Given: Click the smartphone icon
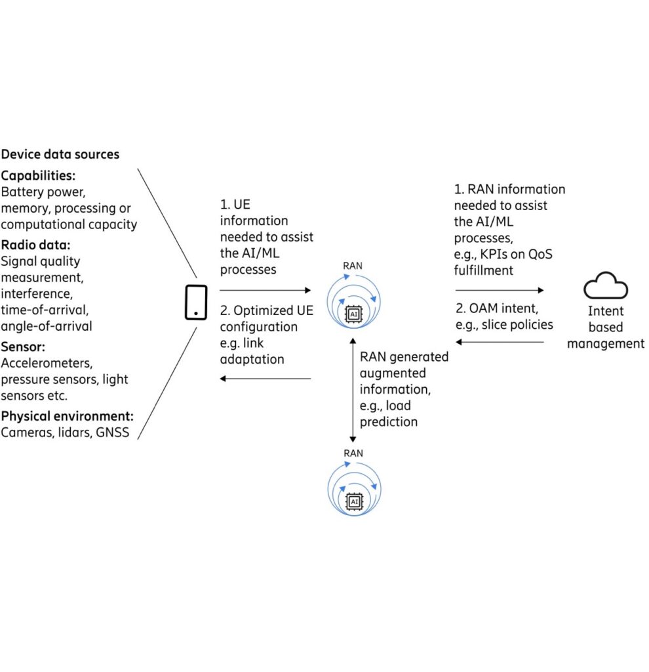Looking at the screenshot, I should [x=196, y=303].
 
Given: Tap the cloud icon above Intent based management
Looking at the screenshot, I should [x=606, y=287].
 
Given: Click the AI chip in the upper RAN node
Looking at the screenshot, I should [x=354, y=314].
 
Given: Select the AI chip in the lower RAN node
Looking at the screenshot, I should [x=354, y=502].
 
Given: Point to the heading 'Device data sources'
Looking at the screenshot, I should [x=60, y=155].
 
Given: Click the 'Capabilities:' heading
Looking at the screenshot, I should [x=39, y=176].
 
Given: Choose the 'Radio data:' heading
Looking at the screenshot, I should [x=36, y=245].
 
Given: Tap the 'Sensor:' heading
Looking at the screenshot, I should [x=24, y=346].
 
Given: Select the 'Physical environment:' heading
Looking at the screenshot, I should [x=68, y=416].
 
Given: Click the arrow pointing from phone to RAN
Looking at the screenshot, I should [x=265, y=289].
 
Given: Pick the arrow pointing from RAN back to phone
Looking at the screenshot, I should [x=265, y=379].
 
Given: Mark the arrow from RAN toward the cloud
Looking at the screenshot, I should [x=499, y=289].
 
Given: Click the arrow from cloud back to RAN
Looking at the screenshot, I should [x=499, y=342].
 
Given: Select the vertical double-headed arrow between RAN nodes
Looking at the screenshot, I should [x=354, y=390].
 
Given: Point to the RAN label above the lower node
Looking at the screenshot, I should [x=354, y=453].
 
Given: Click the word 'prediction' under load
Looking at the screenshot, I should [x=389, y=422].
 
